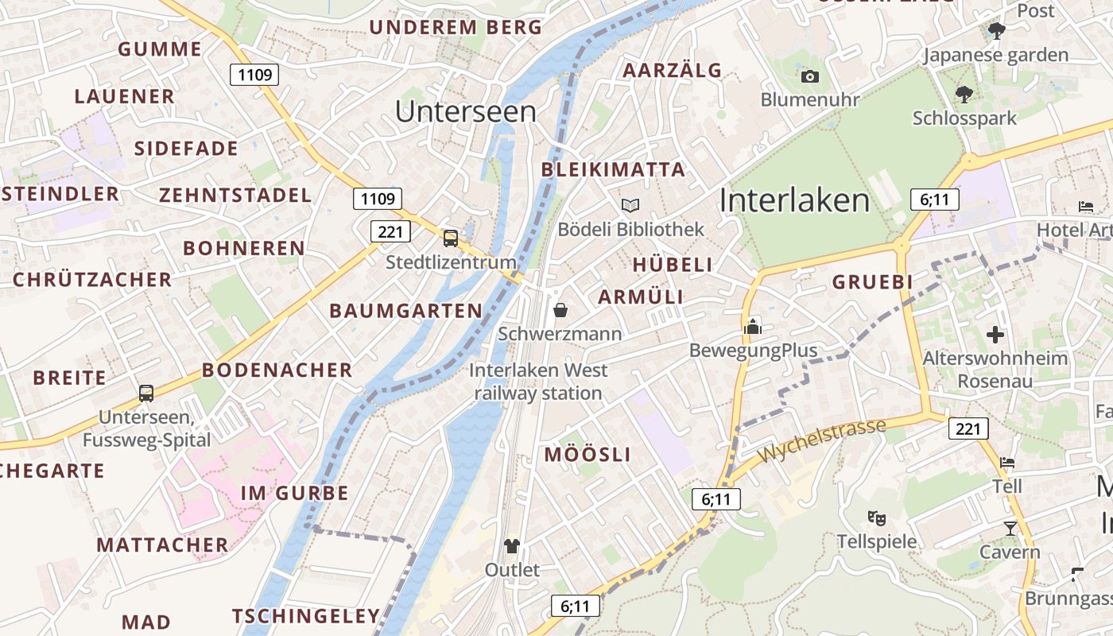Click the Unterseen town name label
click(x=466, y=111)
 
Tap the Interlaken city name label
click(x=794, y=200)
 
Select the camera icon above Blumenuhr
click(x=810, y=76)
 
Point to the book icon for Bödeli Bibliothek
click(x=630, y=206)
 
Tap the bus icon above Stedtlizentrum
click(x=451, y=238)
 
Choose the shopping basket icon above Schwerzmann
click(x=560, y=309)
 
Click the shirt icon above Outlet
click(x=512, y=546)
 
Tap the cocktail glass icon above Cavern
click(x=1010, y=528)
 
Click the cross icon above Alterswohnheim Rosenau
click(x=995, y=335)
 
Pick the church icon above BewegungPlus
click(x=752, y=326)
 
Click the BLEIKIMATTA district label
click(x=613, y=169)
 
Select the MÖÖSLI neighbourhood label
click(x=588, y=455)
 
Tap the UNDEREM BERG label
click(x=456, y=27)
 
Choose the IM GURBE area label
click(x=295, y=493)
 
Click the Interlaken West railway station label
click(x=538, y=382)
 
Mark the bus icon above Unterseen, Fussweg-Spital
click(x=146, y=393)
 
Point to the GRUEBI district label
click(x=872, y=282)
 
